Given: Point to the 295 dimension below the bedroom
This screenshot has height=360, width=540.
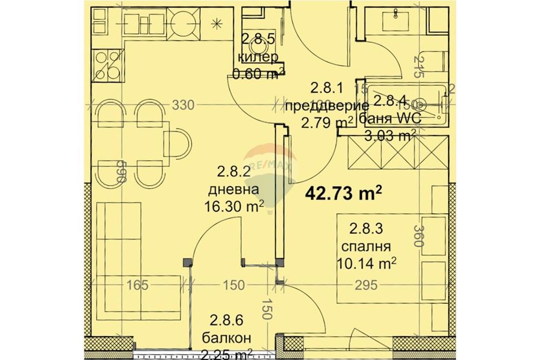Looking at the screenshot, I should click(x=366, y=285).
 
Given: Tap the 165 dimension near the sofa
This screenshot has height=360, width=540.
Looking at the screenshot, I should click(x=138, y=285).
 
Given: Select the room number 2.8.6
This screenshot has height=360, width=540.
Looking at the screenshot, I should click(x=221, y=321).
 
